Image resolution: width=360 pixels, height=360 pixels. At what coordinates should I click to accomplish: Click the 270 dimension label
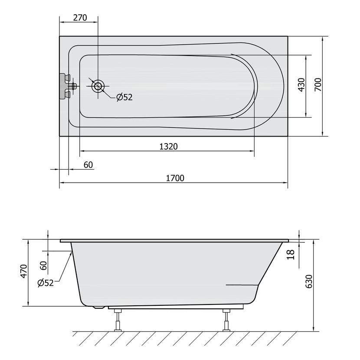(x=80, y=18)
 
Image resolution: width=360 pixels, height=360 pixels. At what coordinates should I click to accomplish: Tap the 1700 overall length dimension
(x=175, y=178)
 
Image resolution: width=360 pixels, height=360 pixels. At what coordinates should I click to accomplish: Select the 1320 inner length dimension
(x=169, y=147)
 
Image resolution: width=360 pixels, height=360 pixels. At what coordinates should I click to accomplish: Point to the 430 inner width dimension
(x=302, y=85)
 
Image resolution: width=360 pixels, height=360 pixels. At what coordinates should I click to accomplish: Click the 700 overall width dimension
(x=318, y=85)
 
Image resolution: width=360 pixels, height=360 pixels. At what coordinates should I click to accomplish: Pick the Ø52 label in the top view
(x=124, y=97)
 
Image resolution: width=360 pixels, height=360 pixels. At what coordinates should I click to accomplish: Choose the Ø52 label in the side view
(x=46, y=283)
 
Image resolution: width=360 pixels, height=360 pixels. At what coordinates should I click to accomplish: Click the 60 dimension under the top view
(x=88, y=165)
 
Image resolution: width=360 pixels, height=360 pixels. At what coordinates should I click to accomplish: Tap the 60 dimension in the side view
(x=43, y=265)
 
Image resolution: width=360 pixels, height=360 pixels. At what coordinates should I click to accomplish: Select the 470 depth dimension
(x=24, y=272)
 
